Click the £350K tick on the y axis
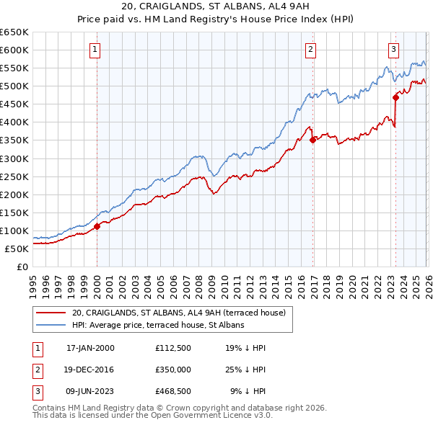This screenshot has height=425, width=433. (x=14, y=140)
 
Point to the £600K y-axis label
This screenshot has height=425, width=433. (x=14, y=50)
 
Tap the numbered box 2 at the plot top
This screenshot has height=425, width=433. (x=310, y=50)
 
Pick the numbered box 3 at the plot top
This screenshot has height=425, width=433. (x=393, y=50)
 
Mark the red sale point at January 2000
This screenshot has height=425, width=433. (x=97, y=226)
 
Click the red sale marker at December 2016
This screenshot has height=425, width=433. (x=312, y=140)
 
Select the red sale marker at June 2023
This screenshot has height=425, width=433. (x=395, y=97)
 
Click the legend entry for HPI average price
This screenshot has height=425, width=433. (x=158, y=325)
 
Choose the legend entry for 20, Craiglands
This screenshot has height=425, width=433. (x=179, y=313)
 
